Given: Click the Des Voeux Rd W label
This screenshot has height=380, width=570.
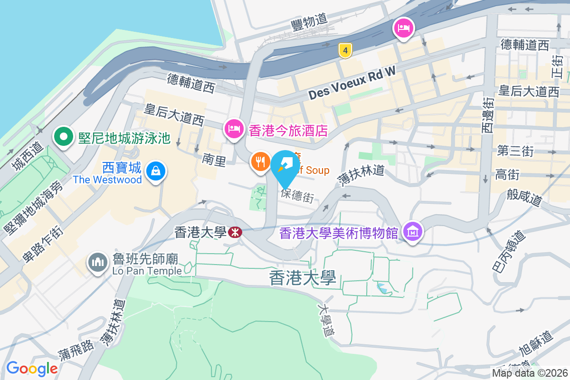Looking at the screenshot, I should click(351, 85).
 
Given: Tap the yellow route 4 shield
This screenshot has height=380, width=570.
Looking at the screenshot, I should click(345, 49).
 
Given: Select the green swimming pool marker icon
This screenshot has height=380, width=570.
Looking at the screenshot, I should click(62, 137).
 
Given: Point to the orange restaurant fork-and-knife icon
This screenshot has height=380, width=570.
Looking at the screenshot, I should click(260, 162).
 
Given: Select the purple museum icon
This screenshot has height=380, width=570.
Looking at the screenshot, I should click(412, 232).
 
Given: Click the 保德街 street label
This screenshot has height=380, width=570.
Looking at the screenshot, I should click(297, 195).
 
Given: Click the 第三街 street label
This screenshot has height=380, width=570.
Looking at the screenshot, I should click(515, 151).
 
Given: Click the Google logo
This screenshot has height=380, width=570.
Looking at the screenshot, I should click(32, 369).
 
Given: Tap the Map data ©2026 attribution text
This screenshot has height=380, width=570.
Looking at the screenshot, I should click(530, 373).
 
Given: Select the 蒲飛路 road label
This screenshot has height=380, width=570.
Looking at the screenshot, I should click(76, 351).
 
